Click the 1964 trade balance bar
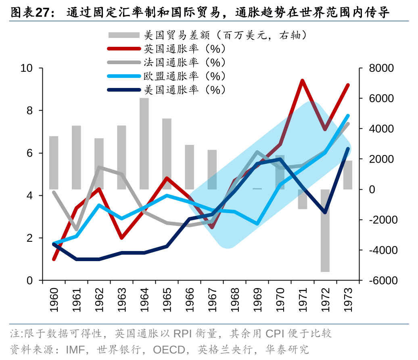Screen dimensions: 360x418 (144, 143)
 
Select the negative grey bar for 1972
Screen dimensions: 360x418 (325, 230)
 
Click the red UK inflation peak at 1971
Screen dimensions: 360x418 (302, 81)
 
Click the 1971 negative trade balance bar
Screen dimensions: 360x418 (303, 199)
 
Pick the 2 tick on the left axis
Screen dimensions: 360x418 (29, 238)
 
